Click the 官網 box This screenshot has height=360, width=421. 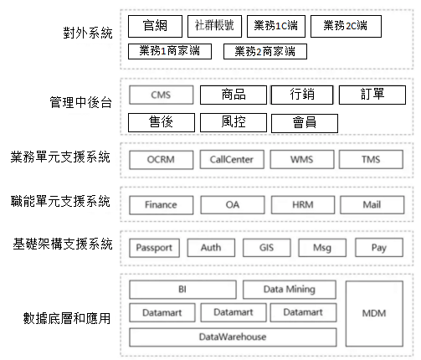[x=155, y=26]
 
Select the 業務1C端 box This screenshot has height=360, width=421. [x=276, y=26]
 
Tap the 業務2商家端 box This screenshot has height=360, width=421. [x=265, y=51]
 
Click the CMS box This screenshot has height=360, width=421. [x=162, y=95]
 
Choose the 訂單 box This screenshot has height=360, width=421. [x=372, y=95]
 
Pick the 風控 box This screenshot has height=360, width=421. [x=234, y=122]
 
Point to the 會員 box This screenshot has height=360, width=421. [x=305, y=123]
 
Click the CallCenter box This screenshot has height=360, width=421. [x=232, y=160]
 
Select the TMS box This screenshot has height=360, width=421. [x=371, y=160]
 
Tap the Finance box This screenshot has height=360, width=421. [x=162, y=205]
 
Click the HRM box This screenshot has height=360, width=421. [x=303, y=205]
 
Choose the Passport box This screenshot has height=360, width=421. [x=154, y=248]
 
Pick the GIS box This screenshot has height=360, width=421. [x=267, y=248]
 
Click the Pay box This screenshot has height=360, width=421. [x=379, y=248]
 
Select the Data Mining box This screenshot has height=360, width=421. [x=290, y=290]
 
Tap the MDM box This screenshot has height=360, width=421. [x=374, y=314]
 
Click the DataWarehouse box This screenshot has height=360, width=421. [x=233, y=337]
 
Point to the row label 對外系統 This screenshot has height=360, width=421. [x=88, y=33]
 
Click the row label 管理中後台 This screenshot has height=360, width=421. [x=81, y=102]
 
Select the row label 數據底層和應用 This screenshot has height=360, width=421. [x=67, y=318]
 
